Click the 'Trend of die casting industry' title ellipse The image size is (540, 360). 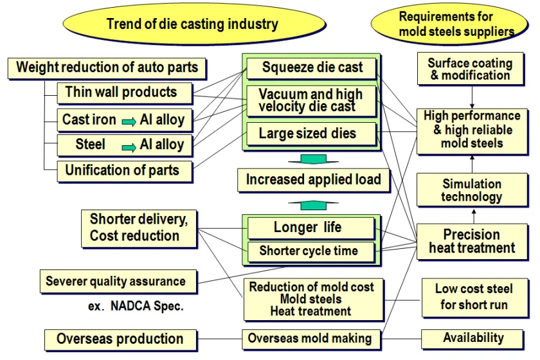tap(192, 24)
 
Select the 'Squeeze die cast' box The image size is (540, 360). tap(311, 67)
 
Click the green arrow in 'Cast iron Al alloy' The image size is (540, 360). tap(129, 120)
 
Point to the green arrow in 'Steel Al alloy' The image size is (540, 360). tap(129, 145)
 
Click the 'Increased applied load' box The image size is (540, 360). tap(313, 180)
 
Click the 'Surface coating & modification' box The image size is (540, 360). tap(470, 69)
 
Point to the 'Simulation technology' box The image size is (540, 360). tap(471, 190)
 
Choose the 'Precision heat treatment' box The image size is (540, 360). tap(472, 241)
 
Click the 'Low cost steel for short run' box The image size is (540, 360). tap(474, 296)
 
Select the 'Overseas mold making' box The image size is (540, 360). tap(310, 338)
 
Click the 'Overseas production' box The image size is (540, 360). tap(120, 339)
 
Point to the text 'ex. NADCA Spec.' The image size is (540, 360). tap(136, 307)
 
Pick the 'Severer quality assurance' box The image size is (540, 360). tap(116, 281)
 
